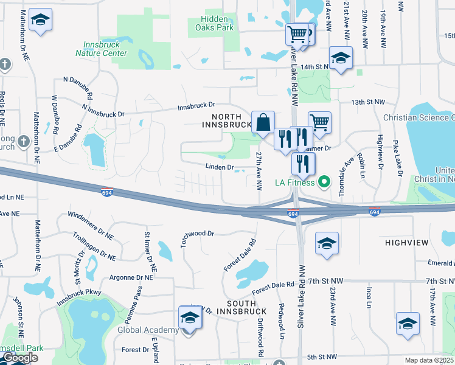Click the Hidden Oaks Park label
click(x=218, y=23)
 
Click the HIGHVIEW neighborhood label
click(x=411, y=242)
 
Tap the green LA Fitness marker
click(x=324, y=182)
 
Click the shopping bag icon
click(x=263, y=122)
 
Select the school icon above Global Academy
click(x=190, y=318)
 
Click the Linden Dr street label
click(x=220, y=166)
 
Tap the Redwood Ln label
click(x=281, y=321)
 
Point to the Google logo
click(x=20, y=358)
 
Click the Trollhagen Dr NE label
click(x=94, y=247)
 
